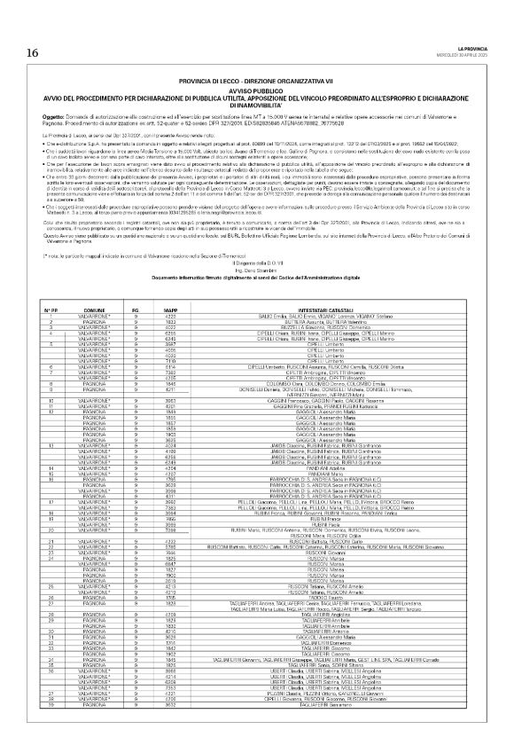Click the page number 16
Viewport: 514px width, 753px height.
coord(32,53)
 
